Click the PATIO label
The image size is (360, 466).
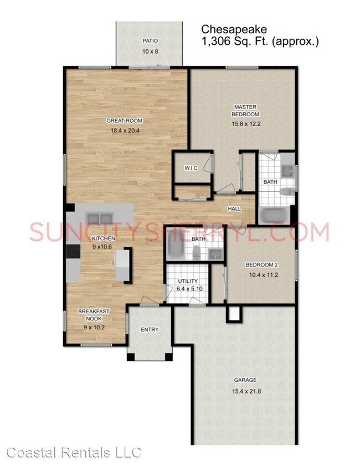click(150, 40)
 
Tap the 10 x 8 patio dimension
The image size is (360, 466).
click(150, 51)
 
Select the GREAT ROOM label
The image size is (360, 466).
click(124, 121)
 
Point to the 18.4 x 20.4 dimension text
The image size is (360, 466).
click(124, 132)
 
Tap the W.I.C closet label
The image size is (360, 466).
click(191, 168)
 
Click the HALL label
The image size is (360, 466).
click(235, 209)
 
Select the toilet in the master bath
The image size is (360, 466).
click(286, 193)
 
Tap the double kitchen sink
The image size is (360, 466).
click(99, 216)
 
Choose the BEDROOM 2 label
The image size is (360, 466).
click(261, 265)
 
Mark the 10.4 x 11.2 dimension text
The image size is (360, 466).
click(261, 275)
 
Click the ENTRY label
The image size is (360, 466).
click(150, 330)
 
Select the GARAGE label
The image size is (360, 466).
click(245, 380)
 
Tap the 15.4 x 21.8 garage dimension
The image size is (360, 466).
click(245, 392)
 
